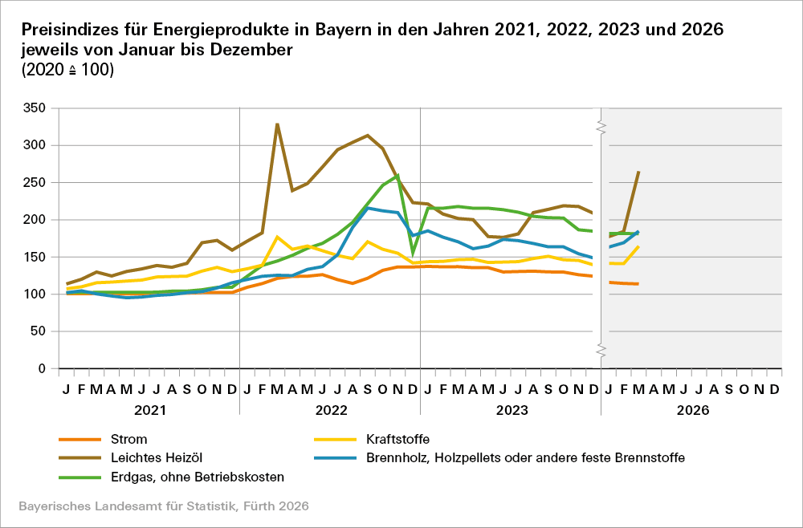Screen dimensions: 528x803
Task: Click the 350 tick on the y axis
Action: point(35,108)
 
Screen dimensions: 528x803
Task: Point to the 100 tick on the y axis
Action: point(35,294)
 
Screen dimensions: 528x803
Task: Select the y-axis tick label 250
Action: point(35,182)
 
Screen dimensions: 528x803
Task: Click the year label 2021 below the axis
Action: point(149,410)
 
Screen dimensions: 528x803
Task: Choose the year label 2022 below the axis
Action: point(330,410)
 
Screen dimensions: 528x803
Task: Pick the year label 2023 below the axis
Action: point(511,410)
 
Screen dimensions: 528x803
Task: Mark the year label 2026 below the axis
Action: point(691,410)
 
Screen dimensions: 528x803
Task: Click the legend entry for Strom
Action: point(128,439)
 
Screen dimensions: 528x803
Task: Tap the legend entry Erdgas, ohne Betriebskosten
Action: point(197,477)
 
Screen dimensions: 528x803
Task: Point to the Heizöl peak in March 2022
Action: point(277,124)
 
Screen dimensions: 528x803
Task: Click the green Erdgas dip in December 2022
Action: point(413,254)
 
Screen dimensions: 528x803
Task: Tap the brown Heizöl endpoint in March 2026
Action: point(638,172)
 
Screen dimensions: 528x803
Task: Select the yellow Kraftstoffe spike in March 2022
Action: point(277,237)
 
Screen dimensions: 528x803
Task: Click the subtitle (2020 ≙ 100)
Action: point(67,70)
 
